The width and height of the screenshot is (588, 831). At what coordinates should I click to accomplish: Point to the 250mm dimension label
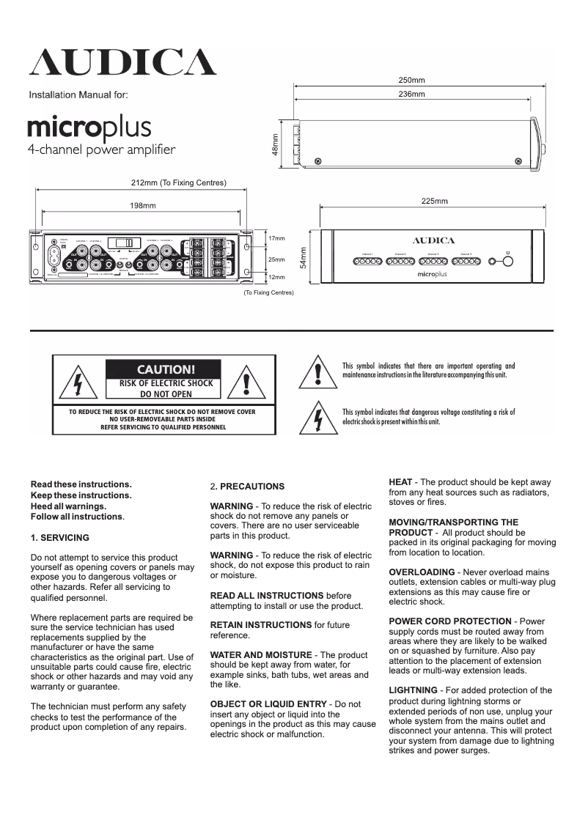(x=411, y=80)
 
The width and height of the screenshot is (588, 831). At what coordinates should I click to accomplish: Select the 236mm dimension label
(x=411, y=95)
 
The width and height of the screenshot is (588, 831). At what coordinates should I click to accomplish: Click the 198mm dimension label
(x=143, y=206)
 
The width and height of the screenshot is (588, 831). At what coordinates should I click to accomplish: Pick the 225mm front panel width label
(x=435, y=201)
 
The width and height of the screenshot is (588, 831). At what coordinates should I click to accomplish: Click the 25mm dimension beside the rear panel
(x=276, y=259)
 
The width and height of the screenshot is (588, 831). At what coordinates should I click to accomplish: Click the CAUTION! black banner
(x=162, y=369)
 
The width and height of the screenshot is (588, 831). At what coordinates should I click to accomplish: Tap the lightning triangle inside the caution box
(x=78, y=383)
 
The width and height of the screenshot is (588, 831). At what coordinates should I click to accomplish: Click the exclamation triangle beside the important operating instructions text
(x=317, y=372)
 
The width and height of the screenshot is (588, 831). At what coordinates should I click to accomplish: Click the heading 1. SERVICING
(x=60, y=537)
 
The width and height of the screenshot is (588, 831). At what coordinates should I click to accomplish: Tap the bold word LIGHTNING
(x=413, y=690)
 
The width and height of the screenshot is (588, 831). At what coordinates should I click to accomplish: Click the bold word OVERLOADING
(x=422, y=572)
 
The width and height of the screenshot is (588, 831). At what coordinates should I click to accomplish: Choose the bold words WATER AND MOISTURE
(x=261, y=654)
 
